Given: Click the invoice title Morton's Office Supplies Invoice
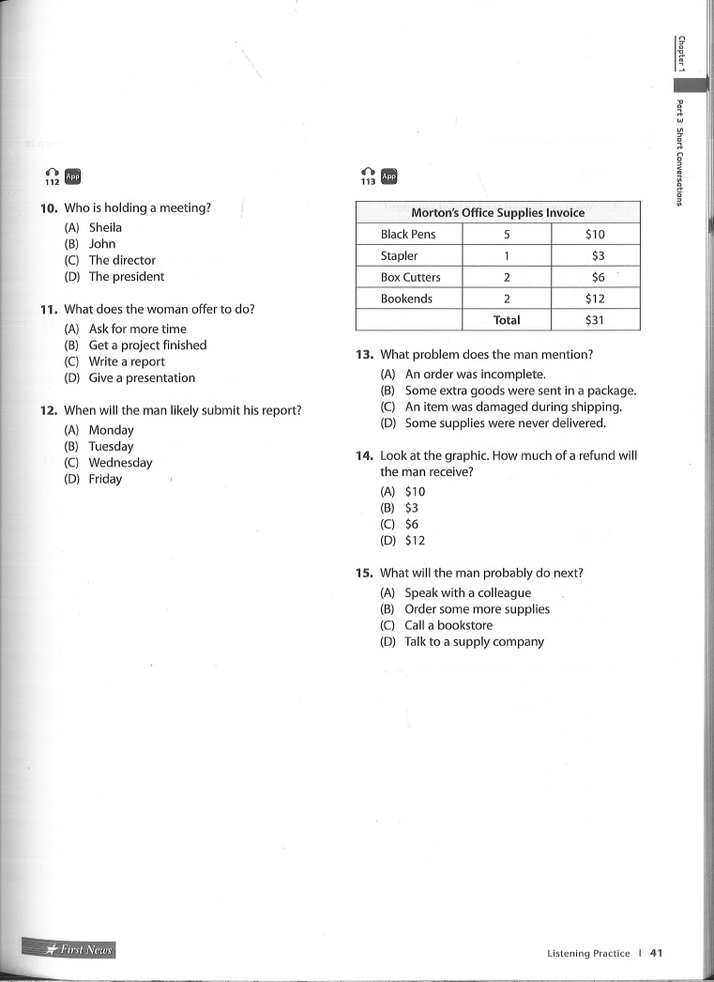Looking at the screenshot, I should [497, 212].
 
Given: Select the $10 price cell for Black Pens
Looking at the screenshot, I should [595, 234].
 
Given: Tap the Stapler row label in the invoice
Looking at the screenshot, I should [400, 255].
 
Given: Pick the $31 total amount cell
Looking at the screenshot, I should [595, 320].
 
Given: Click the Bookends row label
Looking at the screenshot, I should [406, 299].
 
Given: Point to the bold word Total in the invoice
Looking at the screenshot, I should [507, 320].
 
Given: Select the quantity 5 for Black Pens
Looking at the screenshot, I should [507, 234].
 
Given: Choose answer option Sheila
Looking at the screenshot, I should [105, 227].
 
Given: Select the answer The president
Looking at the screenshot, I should [126, 277].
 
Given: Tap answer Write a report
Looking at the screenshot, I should [127, 361].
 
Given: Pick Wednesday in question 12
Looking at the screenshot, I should [120, 463].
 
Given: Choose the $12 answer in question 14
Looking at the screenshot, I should [415, 541].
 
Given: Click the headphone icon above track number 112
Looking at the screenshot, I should [52, 173].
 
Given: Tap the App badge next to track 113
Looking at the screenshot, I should [389, 176].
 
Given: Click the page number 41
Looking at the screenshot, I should [656, 953].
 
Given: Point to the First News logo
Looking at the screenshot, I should [71, 949].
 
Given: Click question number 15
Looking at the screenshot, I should [365, 573].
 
